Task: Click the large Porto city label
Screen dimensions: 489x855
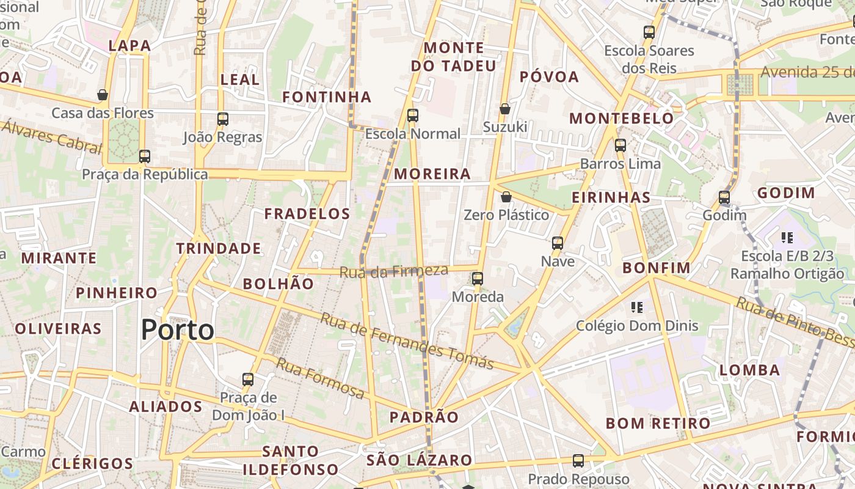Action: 177,330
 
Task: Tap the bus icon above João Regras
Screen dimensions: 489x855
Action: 223,119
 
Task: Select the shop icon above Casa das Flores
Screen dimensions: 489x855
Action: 103,95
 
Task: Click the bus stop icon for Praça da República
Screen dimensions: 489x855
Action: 145,156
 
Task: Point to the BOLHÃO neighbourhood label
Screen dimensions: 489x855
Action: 278,284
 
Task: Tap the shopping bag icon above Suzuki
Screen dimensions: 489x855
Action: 505,109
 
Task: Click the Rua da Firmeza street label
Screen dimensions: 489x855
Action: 393,271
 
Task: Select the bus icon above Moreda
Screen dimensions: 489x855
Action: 478,279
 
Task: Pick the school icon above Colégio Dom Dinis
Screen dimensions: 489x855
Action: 637,307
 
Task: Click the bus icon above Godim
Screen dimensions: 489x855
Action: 724,197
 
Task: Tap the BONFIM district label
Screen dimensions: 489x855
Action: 656,268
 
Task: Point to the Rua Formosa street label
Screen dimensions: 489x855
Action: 320,377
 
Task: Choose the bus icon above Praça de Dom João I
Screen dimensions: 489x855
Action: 248,379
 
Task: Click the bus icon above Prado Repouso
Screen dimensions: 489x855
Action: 578,461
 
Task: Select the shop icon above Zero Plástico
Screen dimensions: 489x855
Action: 506,197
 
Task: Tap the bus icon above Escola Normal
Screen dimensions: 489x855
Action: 413,115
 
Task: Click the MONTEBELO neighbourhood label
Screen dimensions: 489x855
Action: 622,119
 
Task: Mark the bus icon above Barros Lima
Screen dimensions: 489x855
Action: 620,145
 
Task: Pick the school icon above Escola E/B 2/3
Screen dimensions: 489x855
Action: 787,237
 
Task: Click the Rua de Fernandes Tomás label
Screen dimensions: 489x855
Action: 407,341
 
